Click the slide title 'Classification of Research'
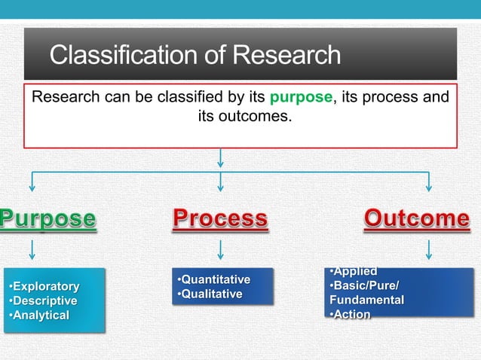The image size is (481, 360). [195, 55]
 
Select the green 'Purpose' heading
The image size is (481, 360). [48, 219]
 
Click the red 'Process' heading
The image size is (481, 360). [219, 219]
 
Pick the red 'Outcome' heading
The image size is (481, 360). [416, 219]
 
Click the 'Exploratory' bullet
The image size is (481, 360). [44, 287]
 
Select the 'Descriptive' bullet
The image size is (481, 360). [43, 301]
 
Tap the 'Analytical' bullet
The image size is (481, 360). [39, 316]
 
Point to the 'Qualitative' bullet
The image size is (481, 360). [209, 294]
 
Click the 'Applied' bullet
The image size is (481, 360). [353, 272]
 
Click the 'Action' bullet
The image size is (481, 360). [350, 315]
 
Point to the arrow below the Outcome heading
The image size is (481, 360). [429, 249]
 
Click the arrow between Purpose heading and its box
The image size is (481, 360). [32, 249]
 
